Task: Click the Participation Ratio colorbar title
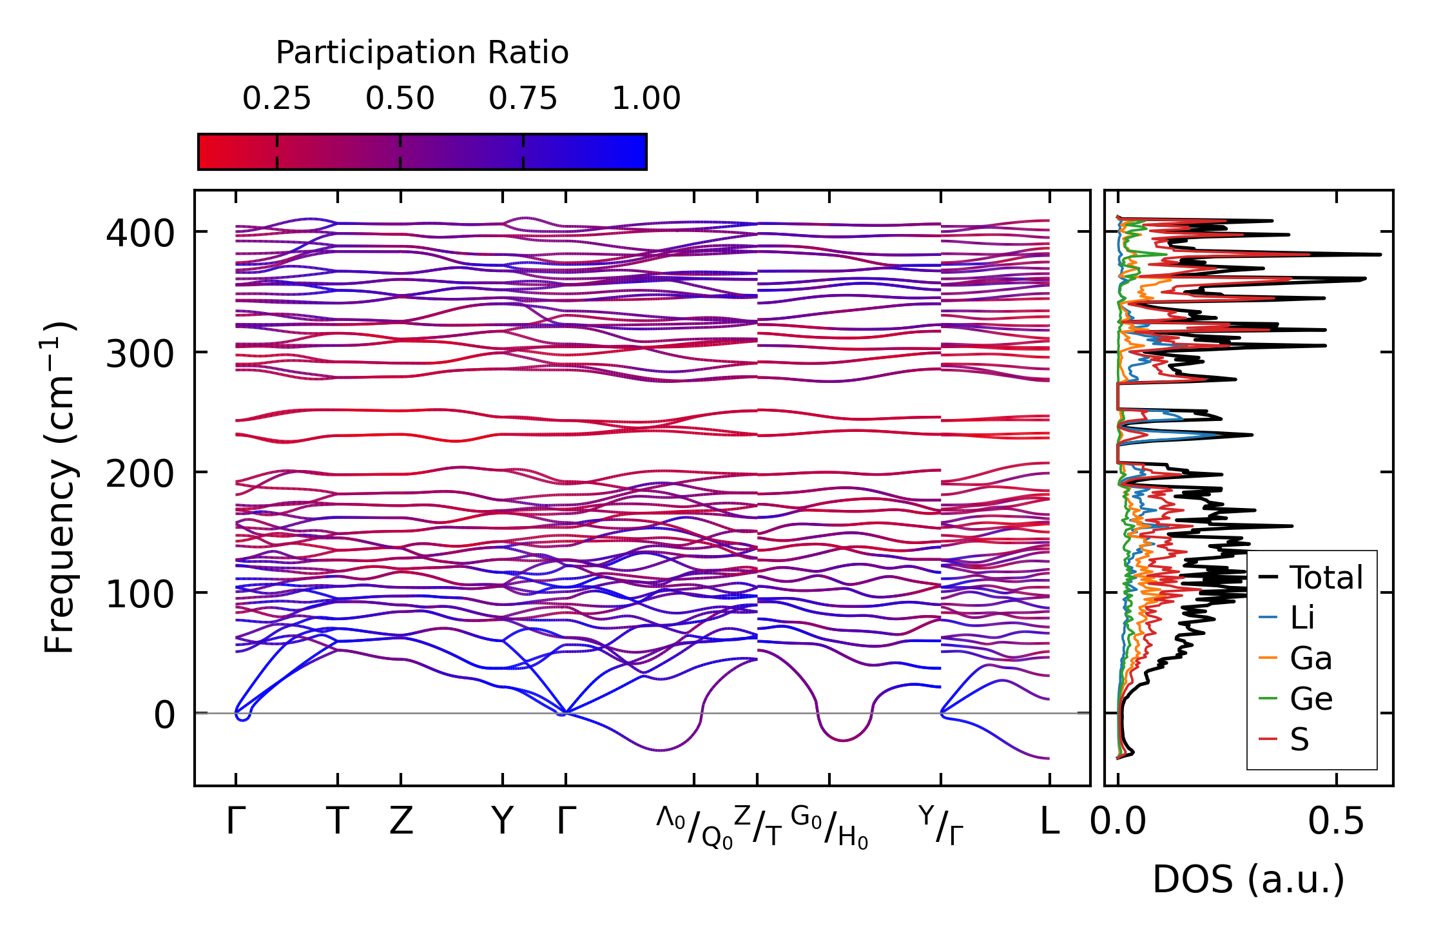(x=422, y=53)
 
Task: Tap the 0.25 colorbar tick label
(x=276, y=99)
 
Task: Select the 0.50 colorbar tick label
(x=400, y=99)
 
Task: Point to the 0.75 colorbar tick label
(x=523, y=99)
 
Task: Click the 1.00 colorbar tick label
(x=646, y=99)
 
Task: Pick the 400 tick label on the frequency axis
(x=140, y=233)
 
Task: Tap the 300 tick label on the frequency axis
(x=140, y=353)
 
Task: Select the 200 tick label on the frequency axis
(x=140, y=474)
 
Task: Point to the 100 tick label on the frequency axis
(x=140, y=594)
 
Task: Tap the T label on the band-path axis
(x=338, y=821)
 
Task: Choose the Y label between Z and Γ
(x=502, y=821)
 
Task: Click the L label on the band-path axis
(x=1049, y=821)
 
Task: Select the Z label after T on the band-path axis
(x=401, y=821)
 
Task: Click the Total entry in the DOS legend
(x=1326, y=578)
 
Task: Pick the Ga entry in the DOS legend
(x=1311, y=658)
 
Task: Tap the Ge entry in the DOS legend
(x=1311, y=699)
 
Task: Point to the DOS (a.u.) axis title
(x=1248, y=880)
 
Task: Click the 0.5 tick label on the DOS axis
(x=1336, y=822)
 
